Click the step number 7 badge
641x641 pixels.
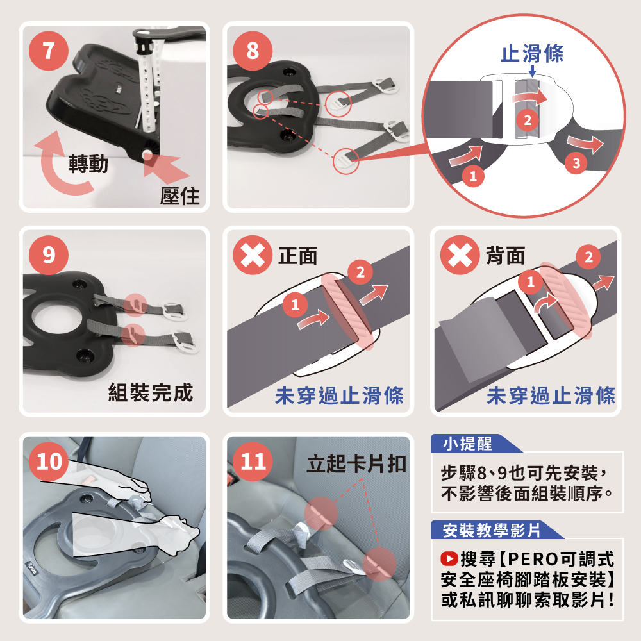click(x=48, y=51)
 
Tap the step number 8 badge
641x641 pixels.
click(x=252, y=51)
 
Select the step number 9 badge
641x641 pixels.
click(x=48, y=254)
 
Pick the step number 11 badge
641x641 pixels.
click(x=253, y=462)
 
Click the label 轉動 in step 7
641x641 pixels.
click(x=88, y=163)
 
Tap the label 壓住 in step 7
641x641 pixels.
click(x=180, y=196)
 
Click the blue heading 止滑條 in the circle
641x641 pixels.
click(x=532, y=54)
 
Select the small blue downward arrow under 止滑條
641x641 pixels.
click(x=532, y=71)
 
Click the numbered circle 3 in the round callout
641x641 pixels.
click(x=576, y=163)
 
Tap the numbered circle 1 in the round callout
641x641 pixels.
click(x=474, y=176)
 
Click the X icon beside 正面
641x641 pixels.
click(x=252, y=255)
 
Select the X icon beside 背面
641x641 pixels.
click(x=460, y=255)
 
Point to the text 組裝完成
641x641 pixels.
click(x=151, y=393)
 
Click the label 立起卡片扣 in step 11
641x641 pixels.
click(x=356, y=464)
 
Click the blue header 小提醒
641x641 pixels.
click(x=468, y=444)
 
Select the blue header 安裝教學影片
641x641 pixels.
click(x=492, y=530)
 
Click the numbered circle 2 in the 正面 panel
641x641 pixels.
click(x=360, y=272)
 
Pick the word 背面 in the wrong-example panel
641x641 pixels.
click(x=505, y=256)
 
